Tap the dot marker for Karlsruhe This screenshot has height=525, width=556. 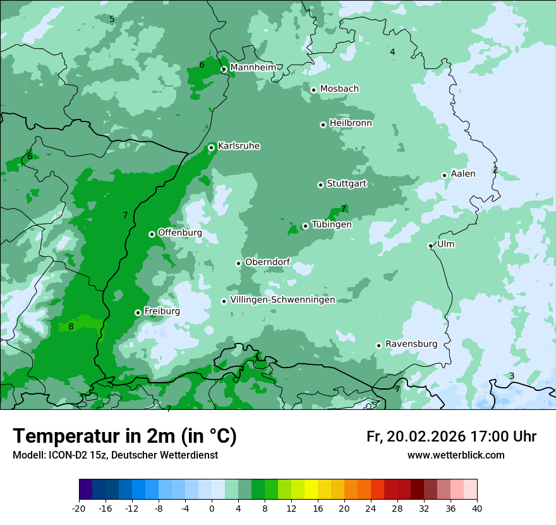point(211,147)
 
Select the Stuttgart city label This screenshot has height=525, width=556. point(346,184)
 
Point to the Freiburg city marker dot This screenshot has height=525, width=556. point(138,312)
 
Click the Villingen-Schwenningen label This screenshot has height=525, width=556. point(282,300)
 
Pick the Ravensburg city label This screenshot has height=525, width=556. point(411,344)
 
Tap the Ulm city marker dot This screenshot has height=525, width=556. point(430,245)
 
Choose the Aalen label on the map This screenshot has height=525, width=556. point(463,174)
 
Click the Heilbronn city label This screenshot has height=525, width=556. point(351,123)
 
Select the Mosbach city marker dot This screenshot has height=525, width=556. point(313,90)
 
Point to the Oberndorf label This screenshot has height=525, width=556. point(267,262)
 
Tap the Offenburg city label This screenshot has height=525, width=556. point(180,233)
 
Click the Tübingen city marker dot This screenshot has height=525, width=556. point(305,226)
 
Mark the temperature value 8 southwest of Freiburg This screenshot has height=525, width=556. point(71,326)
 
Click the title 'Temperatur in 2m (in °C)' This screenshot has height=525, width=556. point(124,436)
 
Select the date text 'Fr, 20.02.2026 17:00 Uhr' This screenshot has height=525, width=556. point(451,436)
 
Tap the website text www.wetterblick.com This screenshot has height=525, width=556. point(456,455)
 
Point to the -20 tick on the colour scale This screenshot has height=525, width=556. point(79,509)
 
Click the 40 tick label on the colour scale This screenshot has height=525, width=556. point(477,509)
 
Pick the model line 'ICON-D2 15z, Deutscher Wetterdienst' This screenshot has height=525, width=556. point(115,455)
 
